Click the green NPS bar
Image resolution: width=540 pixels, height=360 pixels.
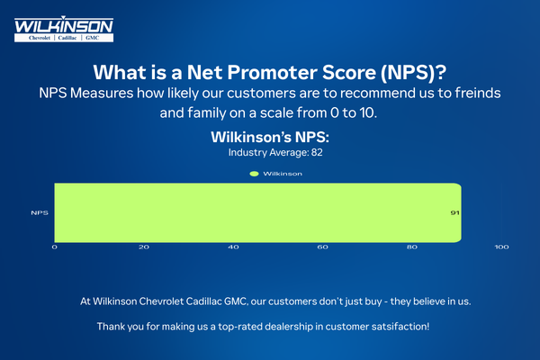[257, 213]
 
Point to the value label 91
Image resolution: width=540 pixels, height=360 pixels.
[455, 213]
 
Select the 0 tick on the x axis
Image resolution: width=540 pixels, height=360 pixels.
[55, 247]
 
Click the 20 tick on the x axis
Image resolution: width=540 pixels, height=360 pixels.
[144, 247]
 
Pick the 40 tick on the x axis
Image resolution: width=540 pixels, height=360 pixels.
[233, 247]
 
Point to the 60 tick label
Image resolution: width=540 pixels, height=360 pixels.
[322, 247]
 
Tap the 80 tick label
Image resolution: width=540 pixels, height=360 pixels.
[412, 247]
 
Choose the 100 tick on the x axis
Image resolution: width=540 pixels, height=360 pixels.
[501, 247]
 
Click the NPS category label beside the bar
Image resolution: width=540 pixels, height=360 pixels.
[39, 213]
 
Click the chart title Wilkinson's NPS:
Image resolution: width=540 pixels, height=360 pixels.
[269, 138]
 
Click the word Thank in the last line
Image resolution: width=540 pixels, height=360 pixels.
[112, 324]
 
